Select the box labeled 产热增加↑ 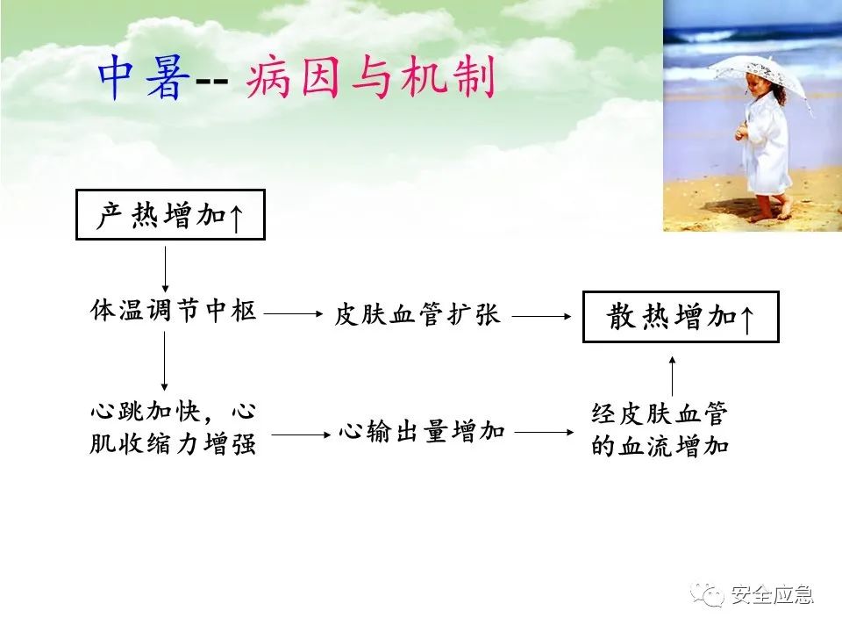coord(170,214)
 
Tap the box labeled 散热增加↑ coord(681,317)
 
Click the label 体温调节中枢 coord(173,311)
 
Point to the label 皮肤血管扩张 coord(417,314)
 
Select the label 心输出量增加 coord(422,432)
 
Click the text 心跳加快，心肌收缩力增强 coord(173,427)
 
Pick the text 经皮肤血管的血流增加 coord(660,429)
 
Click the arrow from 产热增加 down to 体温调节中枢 coord(166,269)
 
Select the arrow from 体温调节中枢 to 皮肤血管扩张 coord(293,313)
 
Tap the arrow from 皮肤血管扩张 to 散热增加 coord(542,316)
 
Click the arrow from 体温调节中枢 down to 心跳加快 coord(164,361)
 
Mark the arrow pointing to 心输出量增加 coord(301,434)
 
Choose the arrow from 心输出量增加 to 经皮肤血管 coord(545,432)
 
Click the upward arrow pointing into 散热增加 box coord(673,377)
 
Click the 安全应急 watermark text coord(773,594)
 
